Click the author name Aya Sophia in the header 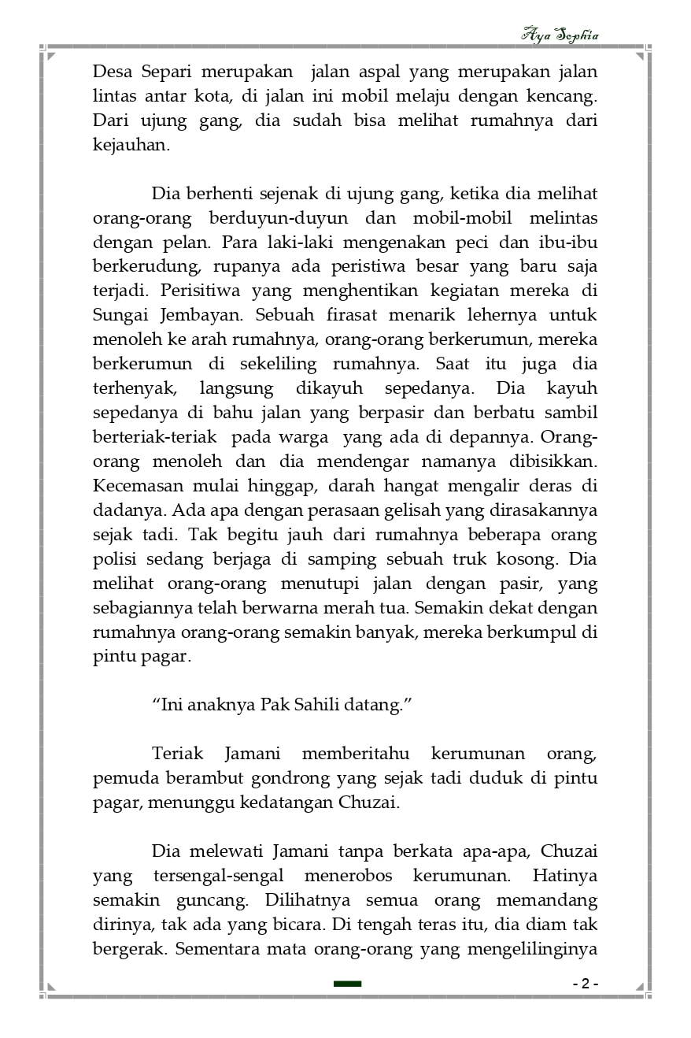[560, 35]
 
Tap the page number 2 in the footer [585, 984]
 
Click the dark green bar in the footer [347, 984]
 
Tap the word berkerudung [145, 267]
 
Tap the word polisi [116, 559]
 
